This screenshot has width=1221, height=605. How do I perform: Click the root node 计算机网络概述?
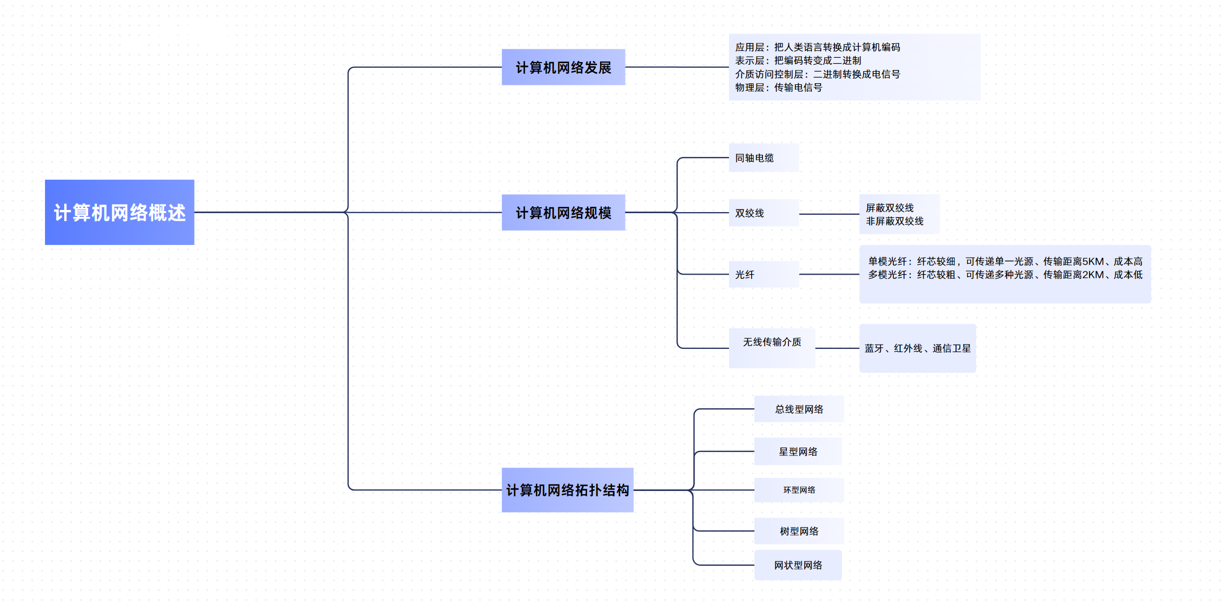click(119, 212)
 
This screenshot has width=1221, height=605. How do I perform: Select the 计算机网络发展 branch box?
click(563, 67)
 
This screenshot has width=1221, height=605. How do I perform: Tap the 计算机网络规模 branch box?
click(563, 213)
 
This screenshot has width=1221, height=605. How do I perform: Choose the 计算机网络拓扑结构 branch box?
click(567, 490)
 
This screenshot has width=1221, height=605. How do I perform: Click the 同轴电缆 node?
click(754, 158)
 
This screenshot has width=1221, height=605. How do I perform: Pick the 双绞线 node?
click(750, 213)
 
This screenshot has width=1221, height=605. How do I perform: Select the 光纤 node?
click(745, 275)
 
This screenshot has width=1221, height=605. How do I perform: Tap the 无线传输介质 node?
click(772, 343)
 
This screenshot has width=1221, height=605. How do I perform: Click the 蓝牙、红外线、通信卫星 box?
click(917, 348)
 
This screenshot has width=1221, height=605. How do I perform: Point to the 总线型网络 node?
click(799, 409)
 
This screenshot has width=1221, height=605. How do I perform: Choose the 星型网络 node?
click(798, 452)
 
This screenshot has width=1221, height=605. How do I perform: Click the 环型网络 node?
click(799, 490)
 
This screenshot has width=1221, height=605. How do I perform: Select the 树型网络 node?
click(799, 531)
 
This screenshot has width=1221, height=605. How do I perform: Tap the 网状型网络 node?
click(798, 565)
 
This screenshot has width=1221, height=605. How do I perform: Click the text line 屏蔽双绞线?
click(890, 208)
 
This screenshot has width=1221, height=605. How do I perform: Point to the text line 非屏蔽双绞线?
click(894, 221)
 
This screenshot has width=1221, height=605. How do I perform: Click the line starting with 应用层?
click(818, 47)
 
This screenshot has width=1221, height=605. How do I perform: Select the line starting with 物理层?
click(778, 87)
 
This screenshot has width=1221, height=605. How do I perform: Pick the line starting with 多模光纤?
click(1005, 275)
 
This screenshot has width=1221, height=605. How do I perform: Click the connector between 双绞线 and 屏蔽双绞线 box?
click(829, 214)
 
